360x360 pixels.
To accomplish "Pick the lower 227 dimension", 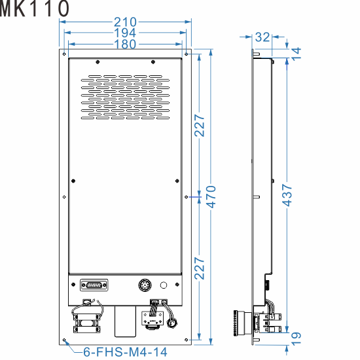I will [200, 268].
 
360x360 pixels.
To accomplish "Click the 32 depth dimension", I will [262, 37].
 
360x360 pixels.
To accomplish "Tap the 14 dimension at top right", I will [297, 54].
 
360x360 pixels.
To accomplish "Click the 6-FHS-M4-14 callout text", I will [125, 351].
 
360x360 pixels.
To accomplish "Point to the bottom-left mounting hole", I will [65, 340].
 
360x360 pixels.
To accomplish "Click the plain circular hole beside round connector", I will [164, 285].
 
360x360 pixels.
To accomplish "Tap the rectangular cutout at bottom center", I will [124, 323].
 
